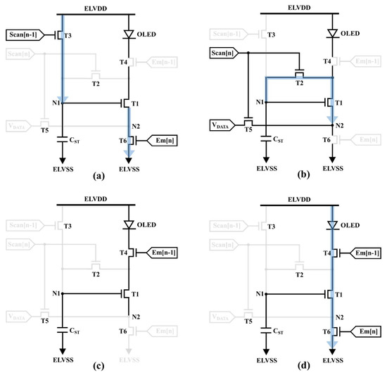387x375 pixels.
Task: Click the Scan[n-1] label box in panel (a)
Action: coord(25,33)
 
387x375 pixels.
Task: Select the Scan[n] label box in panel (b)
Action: coord(222,53)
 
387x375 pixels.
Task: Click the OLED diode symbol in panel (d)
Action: coord(331,224)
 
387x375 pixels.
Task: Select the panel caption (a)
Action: coord(98,176)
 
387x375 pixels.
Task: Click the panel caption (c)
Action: coord(98,367)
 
